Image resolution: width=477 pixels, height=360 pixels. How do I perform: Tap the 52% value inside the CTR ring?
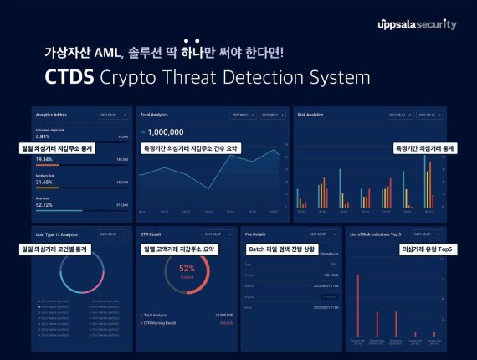[187, 269]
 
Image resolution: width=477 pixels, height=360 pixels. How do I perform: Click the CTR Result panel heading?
[152, 234]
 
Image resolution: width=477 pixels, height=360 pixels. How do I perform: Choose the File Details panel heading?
[256, 234]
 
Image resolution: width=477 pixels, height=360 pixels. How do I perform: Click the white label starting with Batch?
[284, 249]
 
